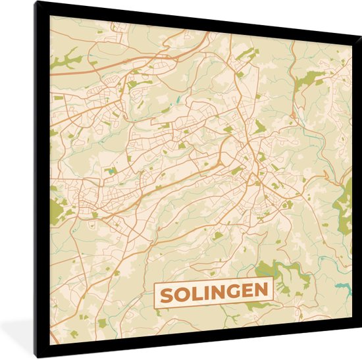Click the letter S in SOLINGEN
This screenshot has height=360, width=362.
click(167, 291)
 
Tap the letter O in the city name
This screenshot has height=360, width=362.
click(183, 291)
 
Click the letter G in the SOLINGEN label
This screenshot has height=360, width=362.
click(235, 291)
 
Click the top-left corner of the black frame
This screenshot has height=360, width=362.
click(37, 3)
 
